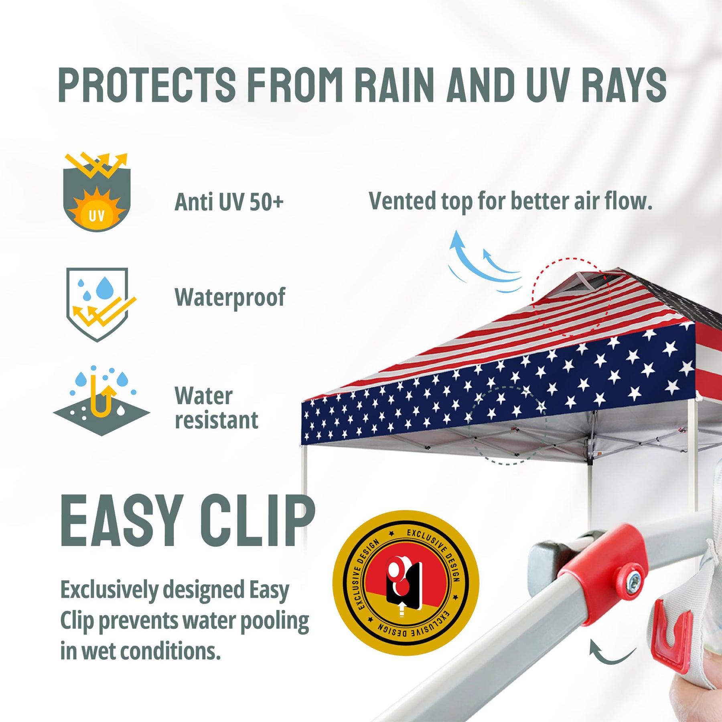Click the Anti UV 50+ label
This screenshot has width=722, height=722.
coord(229,201)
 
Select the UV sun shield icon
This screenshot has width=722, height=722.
coord(97,192)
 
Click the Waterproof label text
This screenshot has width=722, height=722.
coord(230,298)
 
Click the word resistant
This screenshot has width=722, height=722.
coord(217,420)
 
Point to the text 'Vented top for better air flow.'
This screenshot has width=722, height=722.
coord(510,201)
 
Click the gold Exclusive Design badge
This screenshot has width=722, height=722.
coord(406,583)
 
